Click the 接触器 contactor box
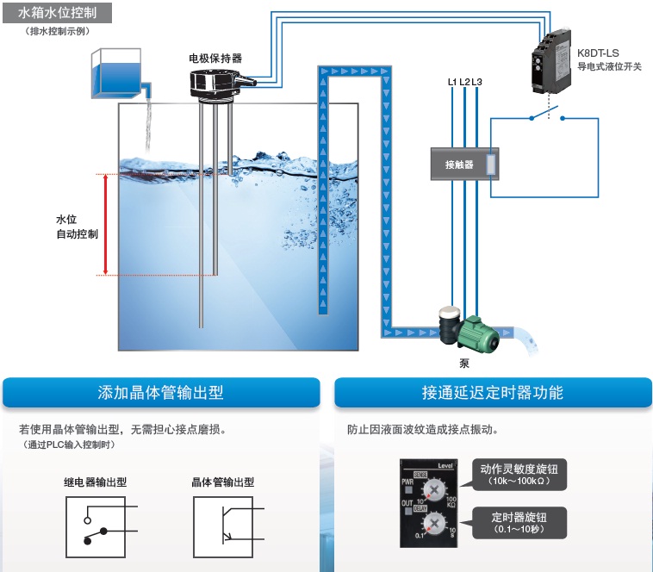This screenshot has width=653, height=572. tap(463, 164)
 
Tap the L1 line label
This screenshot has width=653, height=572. tap(452, 82)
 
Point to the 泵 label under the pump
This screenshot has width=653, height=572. tap(464, 363)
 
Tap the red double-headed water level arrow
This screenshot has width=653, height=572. tap(105, 225)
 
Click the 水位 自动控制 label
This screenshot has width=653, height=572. tap(77, 227)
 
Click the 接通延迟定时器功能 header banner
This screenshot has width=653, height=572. tap(492, 393)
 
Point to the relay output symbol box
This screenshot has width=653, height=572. tap(94, 526)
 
